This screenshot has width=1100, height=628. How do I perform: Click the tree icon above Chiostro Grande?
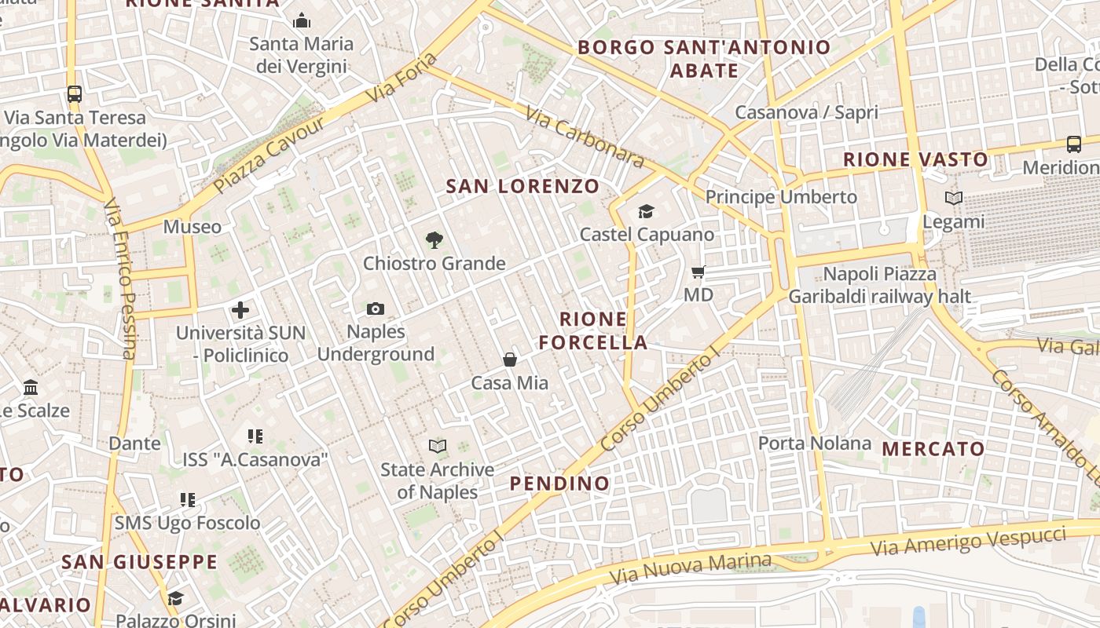(x=433, y=240)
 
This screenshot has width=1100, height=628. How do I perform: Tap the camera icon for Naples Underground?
(x=376, y=309)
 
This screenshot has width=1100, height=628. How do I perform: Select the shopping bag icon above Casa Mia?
(x=510, y=360)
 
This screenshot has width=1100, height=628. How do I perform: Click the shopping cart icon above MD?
(x=698, y=272)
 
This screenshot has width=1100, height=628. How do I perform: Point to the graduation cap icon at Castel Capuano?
(x=646, y=211)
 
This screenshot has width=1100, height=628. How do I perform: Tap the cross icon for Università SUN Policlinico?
(x=240, y=310)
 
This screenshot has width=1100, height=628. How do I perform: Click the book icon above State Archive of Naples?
(x=438, y=447)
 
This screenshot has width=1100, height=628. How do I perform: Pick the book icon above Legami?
(x=953, y=199)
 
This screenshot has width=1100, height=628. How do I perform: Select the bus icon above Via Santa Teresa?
(x=75, y=94)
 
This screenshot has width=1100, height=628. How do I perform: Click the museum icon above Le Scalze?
(x=31, y=388)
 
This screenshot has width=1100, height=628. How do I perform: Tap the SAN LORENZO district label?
(x=522, y=186)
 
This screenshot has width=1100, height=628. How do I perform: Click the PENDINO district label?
(x=560, y=484)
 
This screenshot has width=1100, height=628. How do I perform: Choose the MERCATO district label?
(x=933, y=449)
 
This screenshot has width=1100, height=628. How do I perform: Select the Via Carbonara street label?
(x=585, y=137)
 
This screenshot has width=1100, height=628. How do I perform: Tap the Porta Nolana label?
(x=815, y=444)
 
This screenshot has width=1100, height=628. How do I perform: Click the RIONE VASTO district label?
(x=915, y=159)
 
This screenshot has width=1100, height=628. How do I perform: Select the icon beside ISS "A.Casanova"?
(x=255, y=436)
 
